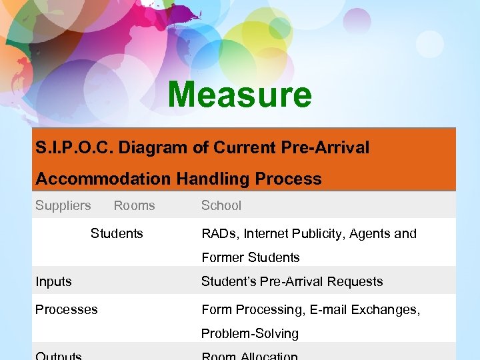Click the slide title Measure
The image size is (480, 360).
click(x=239, y=95)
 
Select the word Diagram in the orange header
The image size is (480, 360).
click(x=153, y=148)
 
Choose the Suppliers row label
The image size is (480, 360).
click(x=63, y=205)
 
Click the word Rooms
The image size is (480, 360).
click(x=134, y=205)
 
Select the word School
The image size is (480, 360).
click(x=221, y=205)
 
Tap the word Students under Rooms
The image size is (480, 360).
click(x=117, y=233)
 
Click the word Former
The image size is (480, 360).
click(x=223, y=257)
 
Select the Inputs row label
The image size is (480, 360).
click(x=53, y=281)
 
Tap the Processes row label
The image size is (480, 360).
click(x=66, y=309)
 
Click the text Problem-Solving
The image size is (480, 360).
click(x=250, y=333)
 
